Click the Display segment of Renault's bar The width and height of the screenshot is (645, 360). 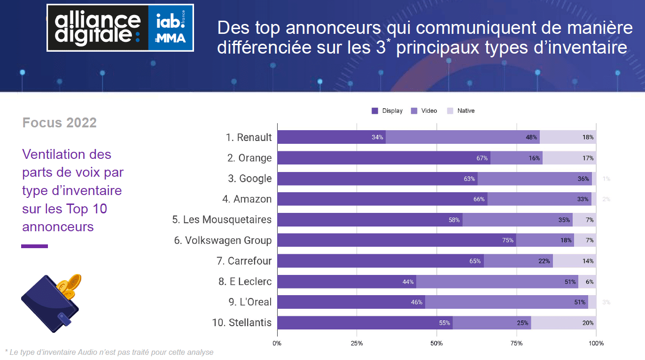(331, 137)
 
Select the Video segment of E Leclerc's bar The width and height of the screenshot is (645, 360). (497, 282)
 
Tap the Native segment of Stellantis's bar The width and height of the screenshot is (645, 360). (564, 323)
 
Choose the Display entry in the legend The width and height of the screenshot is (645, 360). (388, 111)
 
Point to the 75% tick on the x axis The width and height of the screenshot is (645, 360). (516, 344)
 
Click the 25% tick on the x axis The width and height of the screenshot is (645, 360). (357, 344)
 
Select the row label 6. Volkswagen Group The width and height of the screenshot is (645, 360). (223, 240)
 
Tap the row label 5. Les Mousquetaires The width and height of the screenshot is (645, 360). (222, 219)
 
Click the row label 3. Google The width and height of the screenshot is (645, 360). (249, 179)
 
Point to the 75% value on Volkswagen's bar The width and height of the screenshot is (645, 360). (508, 240)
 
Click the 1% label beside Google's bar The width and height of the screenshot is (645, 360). (606, 179)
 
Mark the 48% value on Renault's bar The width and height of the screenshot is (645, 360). (531, 137)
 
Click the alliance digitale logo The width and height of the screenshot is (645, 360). (98, 28)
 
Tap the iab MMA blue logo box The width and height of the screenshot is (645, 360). (171, 28)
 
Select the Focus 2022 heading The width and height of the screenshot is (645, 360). (59, 123)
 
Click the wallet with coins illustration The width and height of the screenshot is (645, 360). (51, 303)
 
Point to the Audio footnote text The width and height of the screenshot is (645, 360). (109, 352)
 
